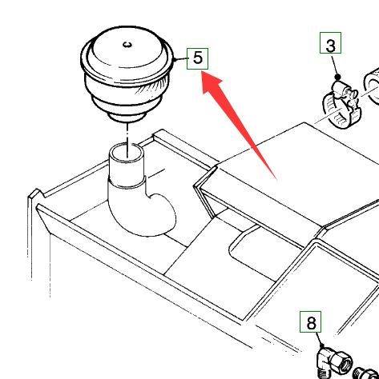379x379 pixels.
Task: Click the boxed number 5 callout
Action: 197,58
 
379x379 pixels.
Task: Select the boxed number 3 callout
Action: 330,42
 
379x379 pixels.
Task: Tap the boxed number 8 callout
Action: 310,321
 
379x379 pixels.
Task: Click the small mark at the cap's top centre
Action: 127,45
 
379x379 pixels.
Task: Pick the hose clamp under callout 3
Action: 341,106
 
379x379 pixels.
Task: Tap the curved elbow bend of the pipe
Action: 150,213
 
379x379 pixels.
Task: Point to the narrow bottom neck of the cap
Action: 127,117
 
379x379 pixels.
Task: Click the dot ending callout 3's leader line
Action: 338,77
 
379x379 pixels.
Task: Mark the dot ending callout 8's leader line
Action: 322,346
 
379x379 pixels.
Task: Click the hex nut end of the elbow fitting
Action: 342,362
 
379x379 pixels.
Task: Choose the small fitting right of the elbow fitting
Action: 366,373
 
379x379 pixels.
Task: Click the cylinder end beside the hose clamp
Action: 371,86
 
